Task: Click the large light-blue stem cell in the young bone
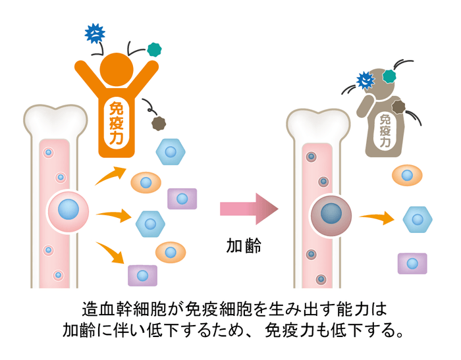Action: pos(67,211)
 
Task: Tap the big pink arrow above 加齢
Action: pos(248,209)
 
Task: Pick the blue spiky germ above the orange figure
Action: pos(95,33)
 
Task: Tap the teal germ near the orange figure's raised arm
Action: pos(155,49)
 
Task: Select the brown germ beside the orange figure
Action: pos(159,122)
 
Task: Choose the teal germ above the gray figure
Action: pos(389,76)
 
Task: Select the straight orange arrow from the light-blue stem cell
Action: pos(111,214)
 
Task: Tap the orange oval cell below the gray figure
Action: pos(408,176)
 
